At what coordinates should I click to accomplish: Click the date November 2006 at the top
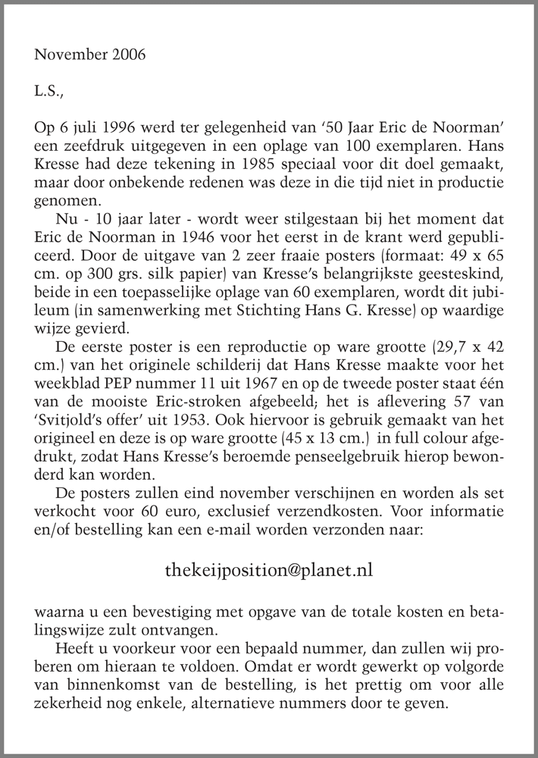tap(90, 55)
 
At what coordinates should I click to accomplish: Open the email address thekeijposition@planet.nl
tap(268, 569)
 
